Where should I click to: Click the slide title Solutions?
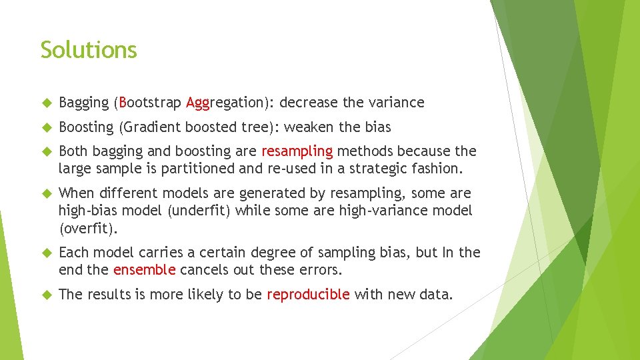click(x=89, y=50)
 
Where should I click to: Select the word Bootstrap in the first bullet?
click(x=150, y=103)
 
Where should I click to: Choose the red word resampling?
click(x=297, y=151)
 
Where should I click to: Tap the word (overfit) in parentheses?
click(x=88, y=229)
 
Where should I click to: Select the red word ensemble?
click(x=145, y=271)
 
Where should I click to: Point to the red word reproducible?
click(x=308, y=295)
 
